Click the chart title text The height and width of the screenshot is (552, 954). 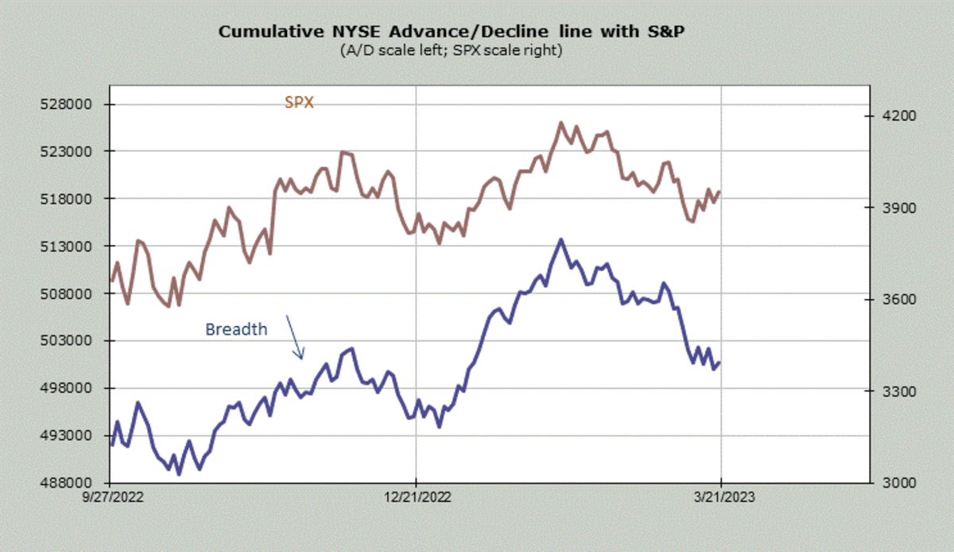point(452,33)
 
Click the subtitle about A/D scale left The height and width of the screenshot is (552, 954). point(451,51)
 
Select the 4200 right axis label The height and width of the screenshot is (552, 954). point(899,116)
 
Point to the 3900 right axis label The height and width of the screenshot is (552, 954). point(899,208)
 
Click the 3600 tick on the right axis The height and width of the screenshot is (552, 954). point(899,300)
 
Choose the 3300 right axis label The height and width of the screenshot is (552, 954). point(899,391)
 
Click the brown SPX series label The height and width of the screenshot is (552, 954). point(299,102)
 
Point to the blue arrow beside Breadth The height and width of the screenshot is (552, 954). point(294,337)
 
